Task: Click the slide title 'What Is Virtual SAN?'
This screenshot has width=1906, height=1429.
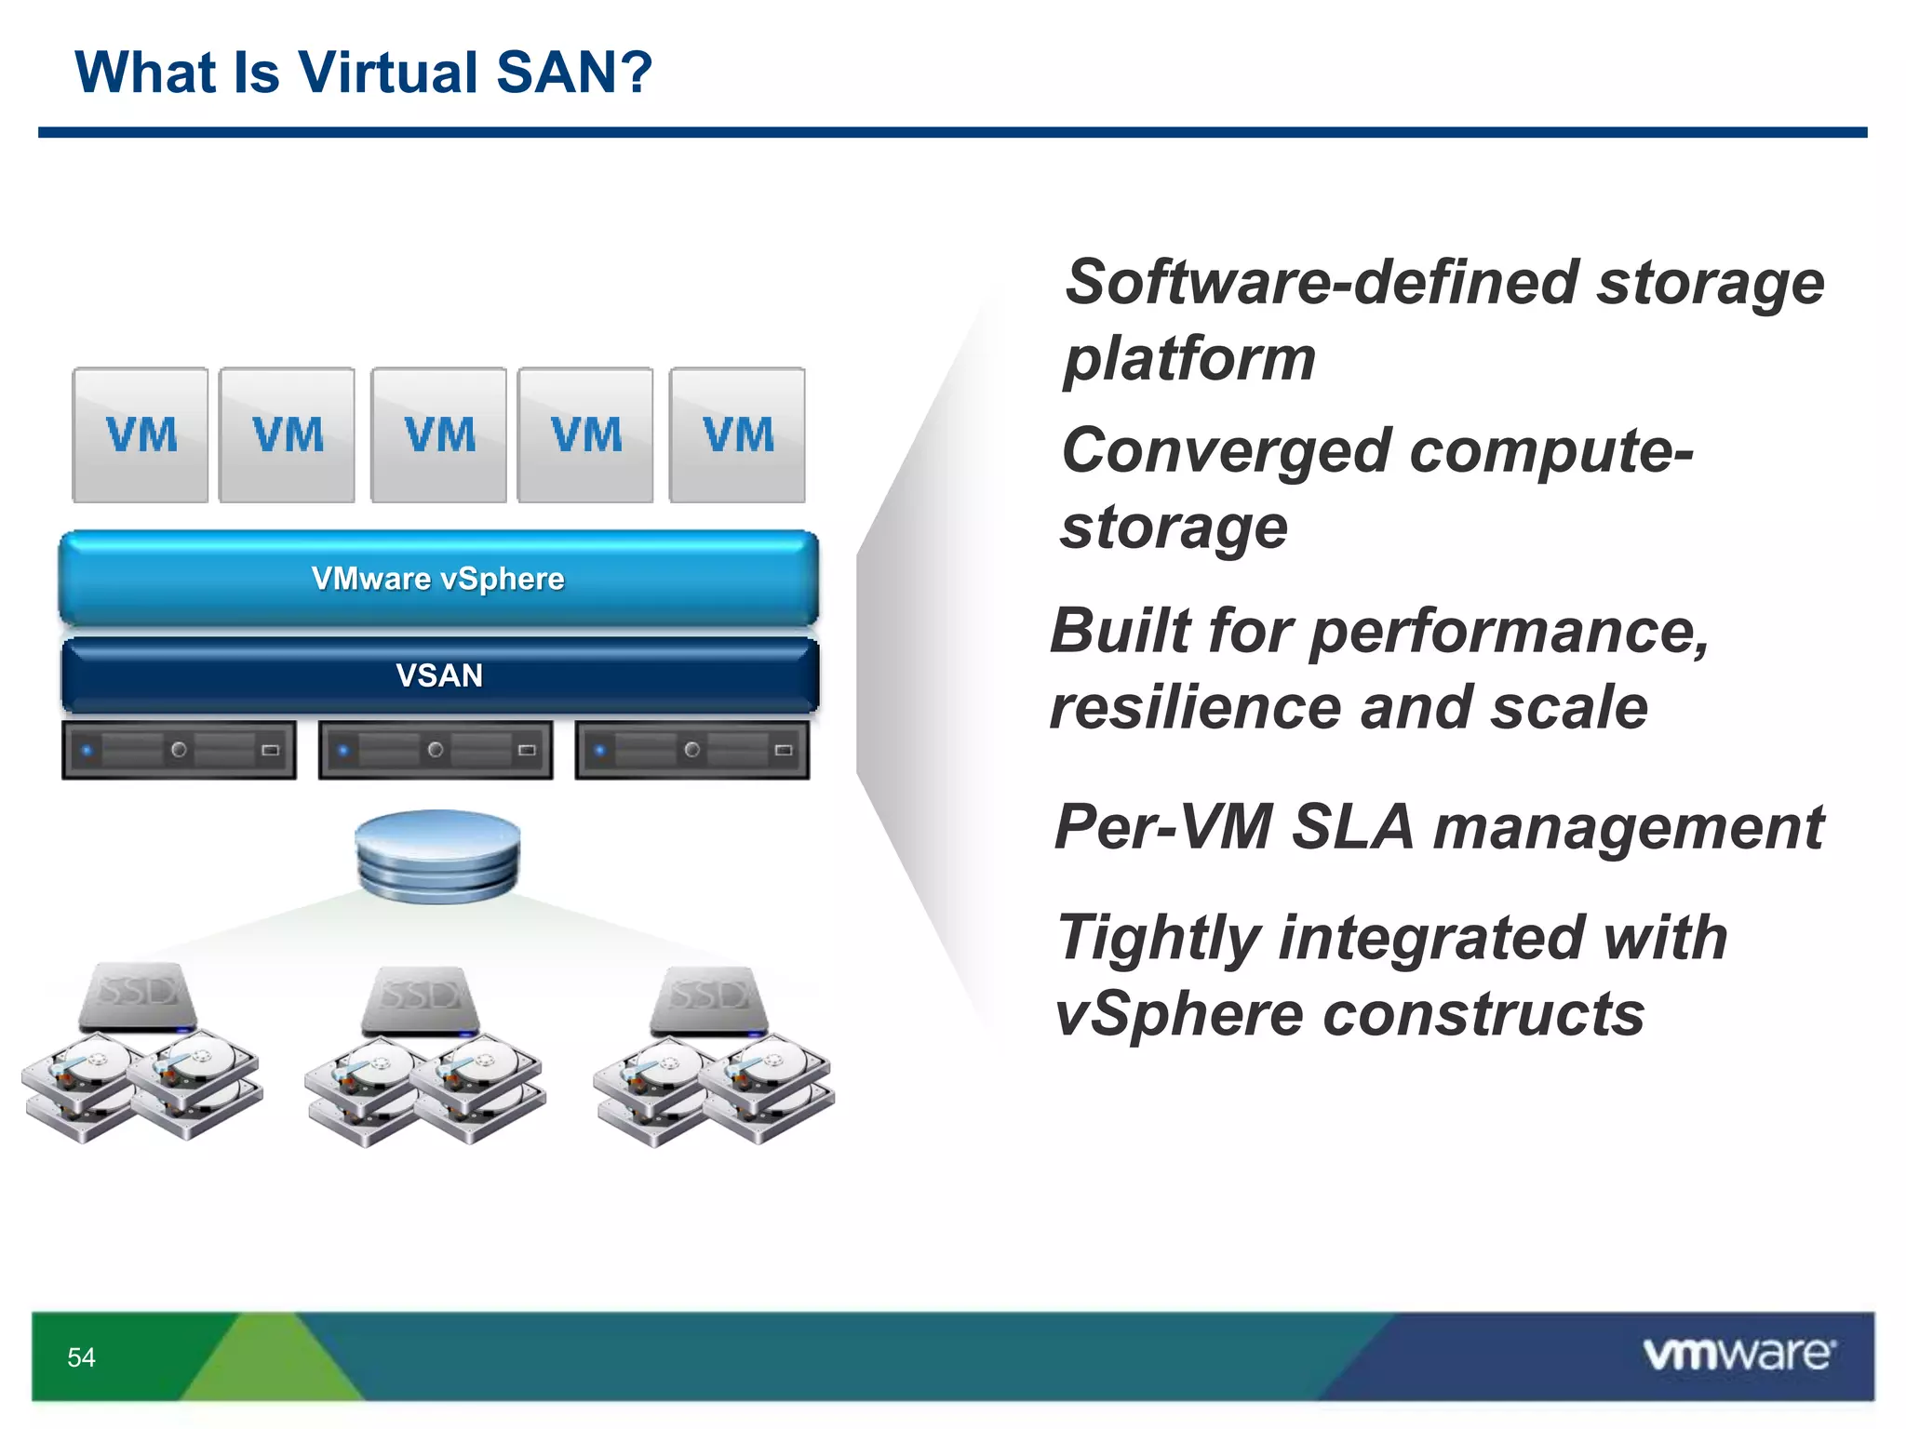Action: coord(363,73)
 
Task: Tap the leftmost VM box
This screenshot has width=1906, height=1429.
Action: coord(141,434)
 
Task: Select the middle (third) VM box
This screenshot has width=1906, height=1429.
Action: coord(438,434)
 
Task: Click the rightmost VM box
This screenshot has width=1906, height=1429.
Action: coord(737,434)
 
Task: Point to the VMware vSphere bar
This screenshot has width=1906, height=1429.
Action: coord(438,578)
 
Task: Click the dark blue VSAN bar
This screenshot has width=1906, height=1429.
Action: coord(439,675)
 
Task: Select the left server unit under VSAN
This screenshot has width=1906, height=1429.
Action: coord(179,749)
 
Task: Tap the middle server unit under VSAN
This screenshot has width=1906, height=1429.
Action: coord(436,749)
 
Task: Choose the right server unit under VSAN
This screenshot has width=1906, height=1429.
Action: coord(692,749)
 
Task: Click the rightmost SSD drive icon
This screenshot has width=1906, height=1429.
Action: coord(709,1001)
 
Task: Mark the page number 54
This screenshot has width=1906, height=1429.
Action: coord(81,1357)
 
